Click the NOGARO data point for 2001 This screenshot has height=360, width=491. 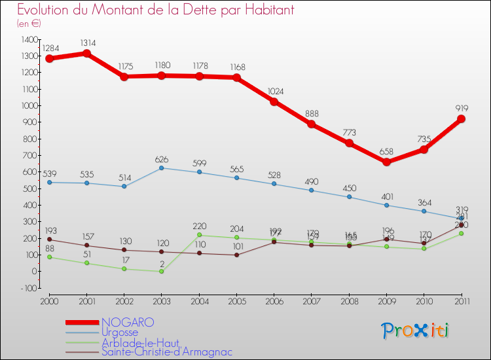pyautogui.click(x=86, y=54)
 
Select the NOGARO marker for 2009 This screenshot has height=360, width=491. pyautogui.click(x=386, y=162)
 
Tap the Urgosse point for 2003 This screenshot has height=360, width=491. pyautogui.click(x=161, y=168)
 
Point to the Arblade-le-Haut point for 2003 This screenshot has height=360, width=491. pyautogui.click(x=161, y=271)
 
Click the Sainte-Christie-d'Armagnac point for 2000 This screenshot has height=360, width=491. pyautogui.click(x=49, y=240)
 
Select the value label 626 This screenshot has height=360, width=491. pyautogui.click(x=161, y=158)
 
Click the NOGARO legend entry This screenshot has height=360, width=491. pyautogui.click(x=128, y=322)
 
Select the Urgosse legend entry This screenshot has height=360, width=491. pyautogui.click(x=120, y=332)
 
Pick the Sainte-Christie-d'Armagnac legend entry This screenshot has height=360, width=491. pyautogui.click(x=166, y=351)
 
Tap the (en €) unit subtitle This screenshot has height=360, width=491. pyautogui.click(x=29, y=23)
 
